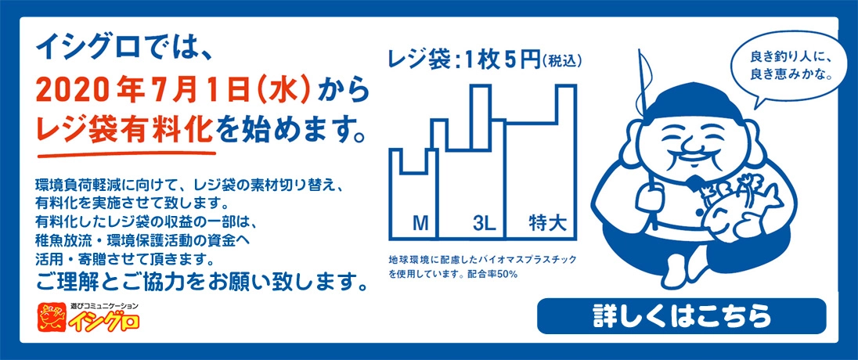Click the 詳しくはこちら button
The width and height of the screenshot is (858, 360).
[681, 316]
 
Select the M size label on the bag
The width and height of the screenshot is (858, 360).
[420, 225]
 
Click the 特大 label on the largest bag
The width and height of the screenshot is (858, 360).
[544, 224]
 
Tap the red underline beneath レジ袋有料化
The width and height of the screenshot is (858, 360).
[126, 152]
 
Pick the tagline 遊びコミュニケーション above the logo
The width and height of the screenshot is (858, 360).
[104, 306]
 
